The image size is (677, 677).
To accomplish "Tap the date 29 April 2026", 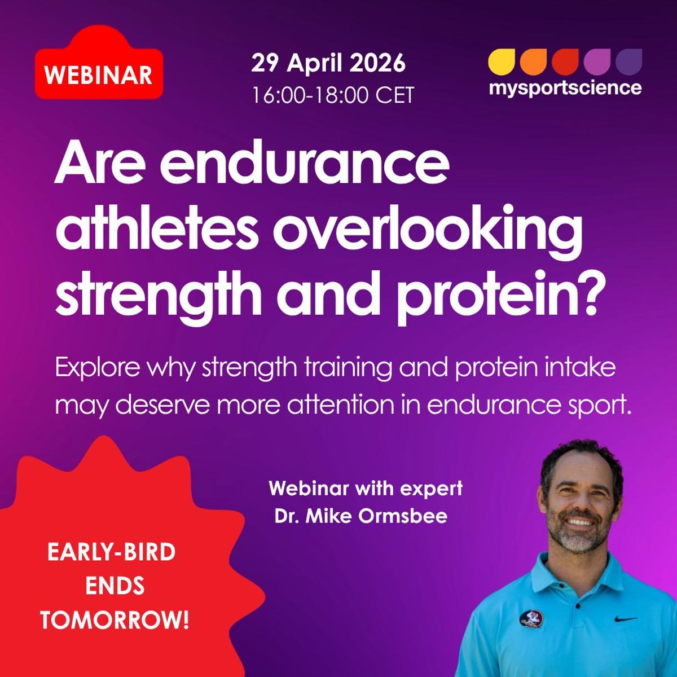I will [x=328, y=63].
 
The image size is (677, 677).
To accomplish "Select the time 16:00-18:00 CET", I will [x=333, y=95].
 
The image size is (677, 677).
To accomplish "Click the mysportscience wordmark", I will [x=565, y=88].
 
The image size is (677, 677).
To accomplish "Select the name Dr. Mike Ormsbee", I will [x=361, y=516].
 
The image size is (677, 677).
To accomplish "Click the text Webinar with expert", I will [x=366, y=488].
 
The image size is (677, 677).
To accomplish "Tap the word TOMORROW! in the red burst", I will [x=115, y=621].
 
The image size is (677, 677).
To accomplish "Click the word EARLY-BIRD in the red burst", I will [x=111, y=552].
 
